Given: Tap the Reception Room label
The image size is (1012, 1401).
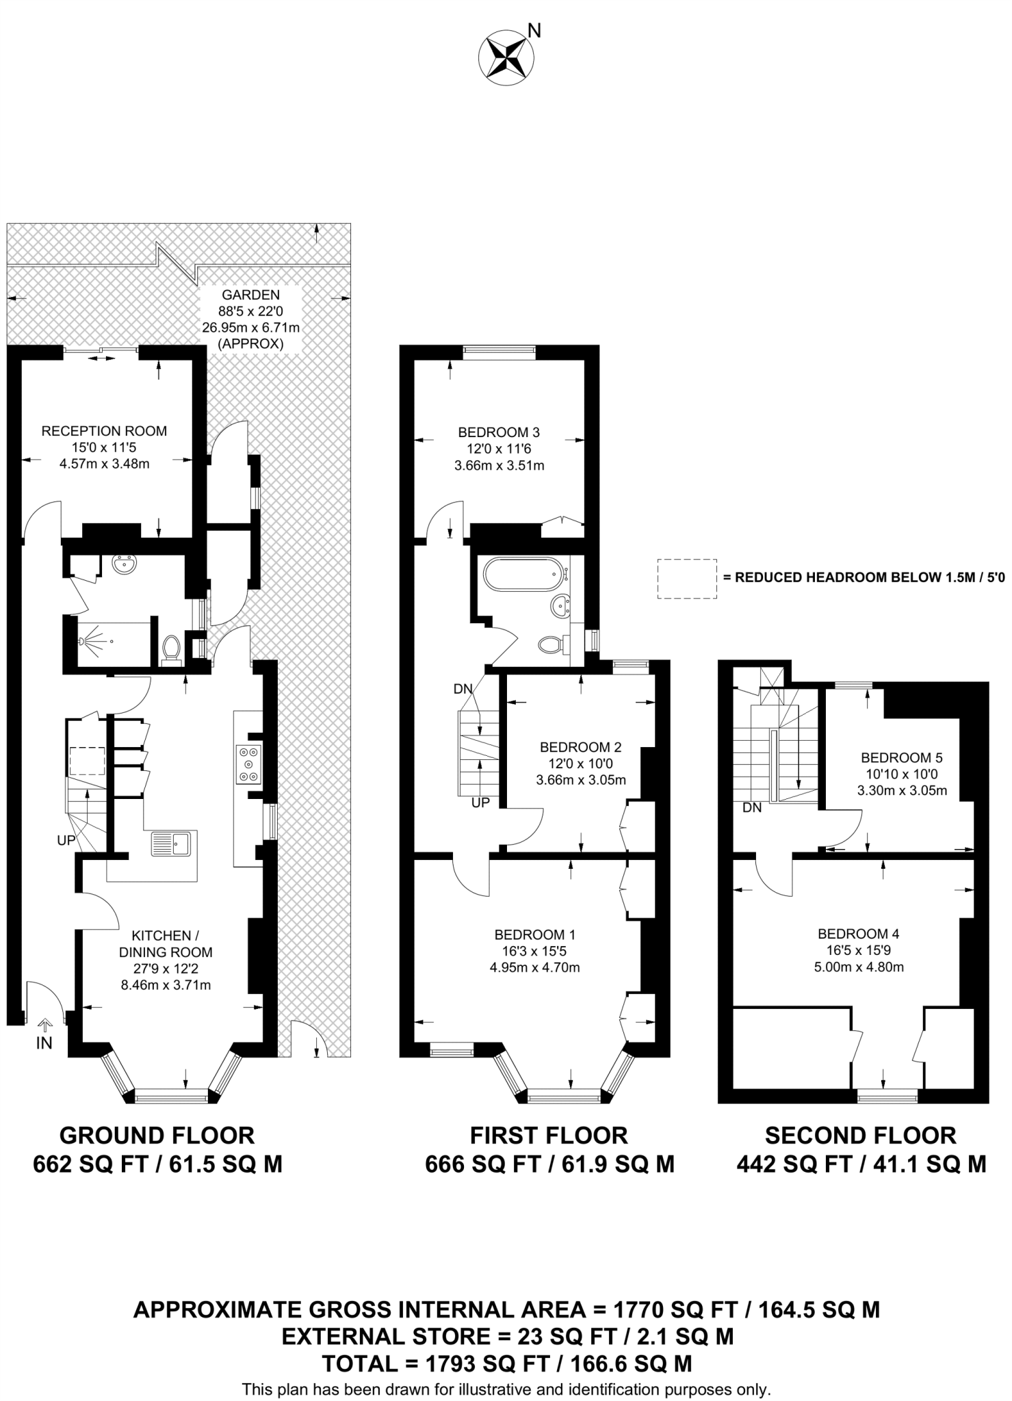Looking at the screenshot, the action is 104,431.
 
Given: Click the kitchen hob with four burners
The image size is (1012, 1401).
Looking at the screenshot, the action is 248,763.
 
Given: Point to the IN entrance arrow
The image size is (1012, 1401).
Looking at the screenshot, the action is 44,1023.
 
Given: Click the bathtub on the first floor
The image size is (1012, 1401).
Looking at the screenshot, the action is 523,573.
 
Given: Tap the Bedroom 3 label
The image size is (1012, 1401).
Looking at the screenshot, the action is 499,432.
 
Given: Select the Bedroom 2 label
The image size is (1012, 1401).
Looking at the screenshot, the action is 580,747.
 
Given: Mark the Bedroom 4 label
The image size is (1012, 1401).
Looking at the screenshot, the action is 859,934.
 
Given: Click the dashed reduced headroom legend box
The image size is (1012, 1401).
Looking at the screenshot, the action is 687,579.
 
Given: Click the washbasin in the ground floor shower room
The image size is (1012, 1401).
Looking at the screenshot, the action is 126,565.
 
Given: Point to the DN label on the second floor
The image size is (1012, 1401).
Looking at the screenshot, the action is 752,808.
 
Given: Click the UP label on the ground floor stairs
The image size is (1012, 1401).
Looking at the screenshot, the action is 66,841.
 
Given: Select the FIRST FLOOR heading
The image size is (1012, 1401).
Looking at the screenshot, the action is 549,1136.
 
